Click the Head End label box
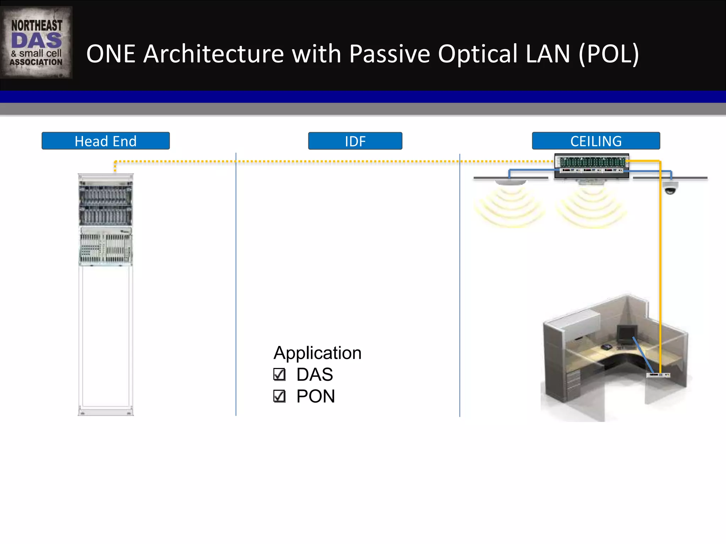[106, 141]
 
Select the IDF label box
[355, 141]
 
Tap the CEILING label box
[596, 141]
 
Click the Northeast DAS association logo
[36, 42]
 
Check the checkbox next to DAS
[279, 374]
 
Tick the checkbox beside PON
[279, 396]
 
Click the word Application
[317, 353]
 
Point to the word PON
[315, 396]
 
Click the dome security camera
[670, 188]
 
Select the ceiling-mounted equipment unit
[591, 165]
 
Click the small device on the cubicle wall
[658, 375]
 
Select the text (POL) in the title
[609, 54]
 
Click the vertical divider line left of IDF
[236, 283]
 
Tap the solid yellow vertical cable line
[660, 266]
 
